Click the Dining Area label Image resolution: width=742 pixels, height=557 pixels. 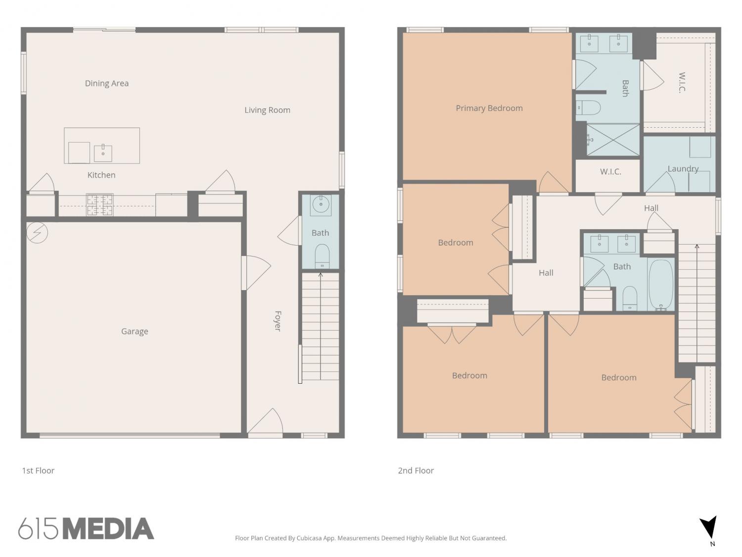point(106,84)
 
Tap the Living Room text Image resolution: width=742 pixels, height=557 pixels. point(267,110)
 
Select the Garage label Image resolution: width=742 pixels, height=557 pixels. point(135,331)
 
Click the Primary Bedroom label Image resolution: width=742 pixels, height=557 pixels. point(489,108)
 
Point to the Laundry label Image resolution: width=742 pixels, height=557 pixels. point(683,169)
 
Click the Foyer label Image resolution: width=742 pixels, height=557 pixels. point(278,321)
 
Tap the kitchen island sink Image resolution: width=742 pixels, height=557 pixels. point(103,152)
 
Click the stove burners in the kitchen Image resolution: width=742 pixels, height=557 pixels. point(100,204)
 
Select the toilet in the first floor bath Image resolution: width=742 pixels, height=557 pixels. point(322,256)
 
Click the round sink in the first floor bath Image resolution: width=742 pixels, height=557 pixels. point(320,204)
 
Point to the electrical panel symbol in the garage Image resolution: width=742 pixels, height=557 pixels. point(37,232)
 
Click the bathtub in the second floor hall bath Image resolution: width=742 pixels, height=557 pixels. point(661,285)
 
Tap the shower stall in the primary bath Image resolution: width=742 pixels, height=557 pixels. point(613,140)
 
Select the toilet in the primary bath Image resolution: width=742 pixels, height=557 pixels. point(588,108)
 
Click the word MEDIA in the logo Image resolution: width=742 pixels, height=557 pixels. point(109,529)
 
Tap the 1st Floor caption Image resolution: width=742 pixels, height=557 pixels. point(38,470)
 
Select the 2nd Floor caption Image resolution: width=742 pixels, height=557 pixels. point(416,470)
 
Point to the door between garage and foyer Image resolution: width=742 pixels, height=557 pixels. point(256,273)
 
